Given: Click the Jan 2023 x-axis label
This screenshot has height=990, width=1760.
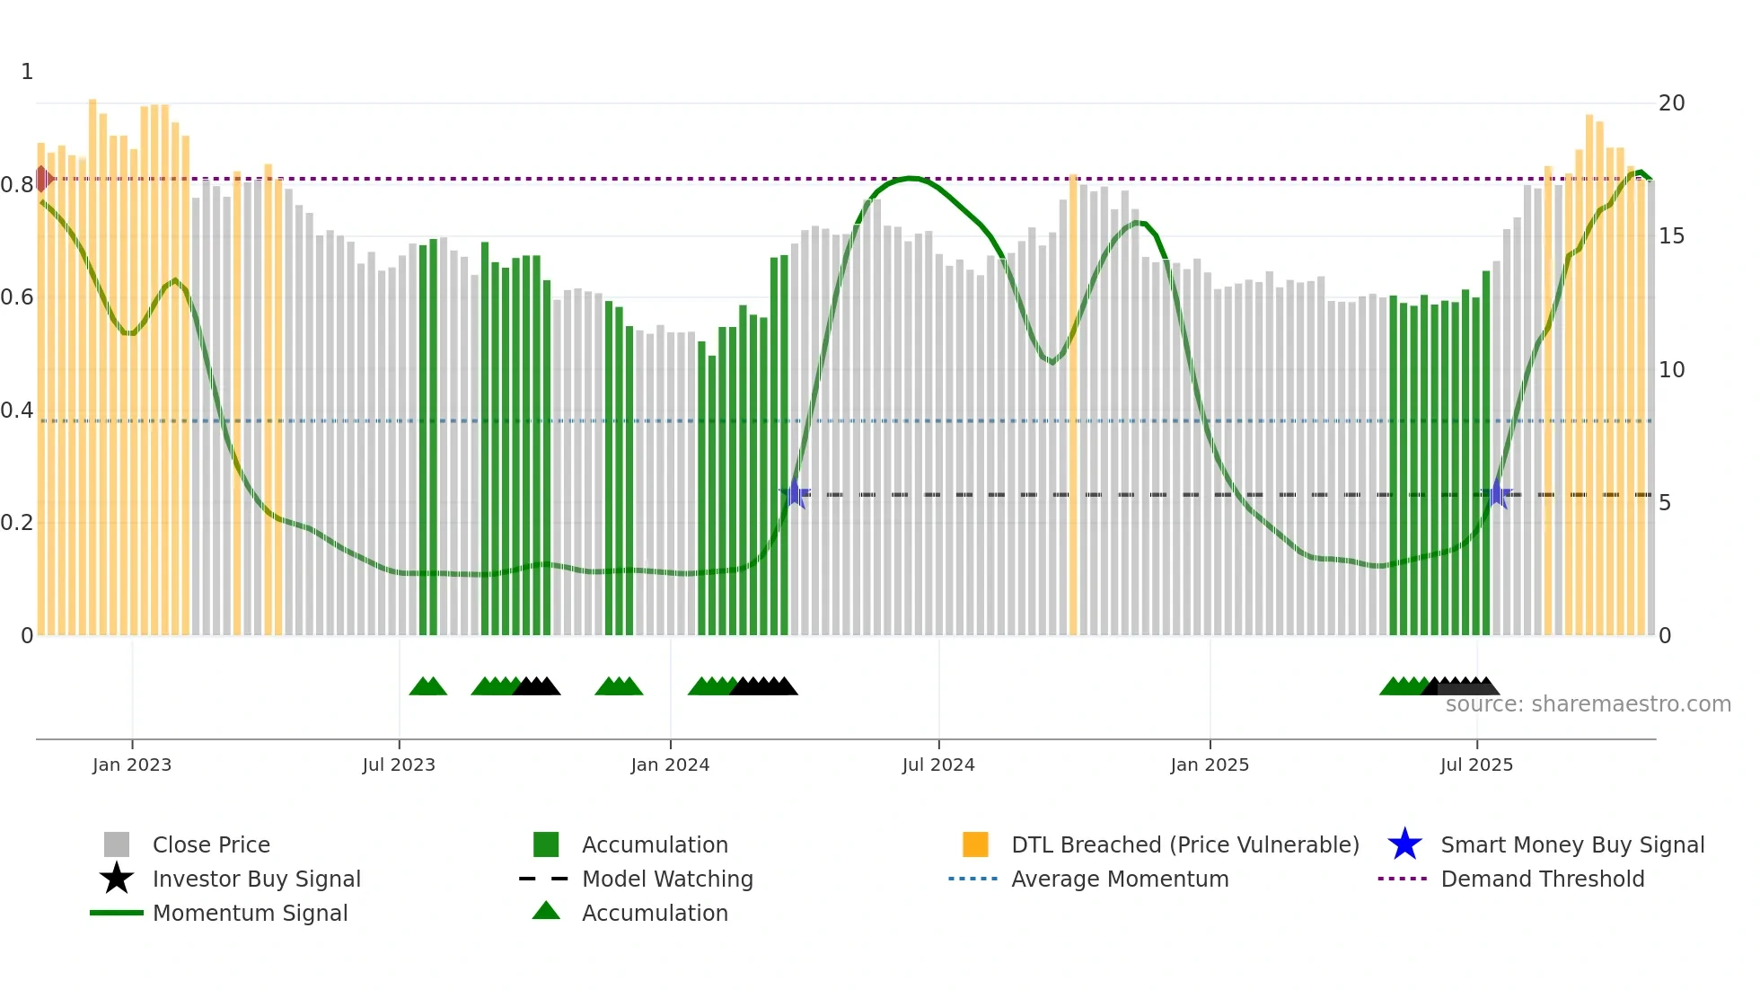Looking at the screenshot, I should tap(131, 765).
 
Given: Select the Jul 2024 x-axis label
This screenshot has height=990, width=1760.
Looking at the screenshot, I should tap(937, 765).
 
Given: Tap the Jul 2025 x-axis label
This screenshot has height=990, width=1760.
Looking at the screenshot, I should tap(1476, 765).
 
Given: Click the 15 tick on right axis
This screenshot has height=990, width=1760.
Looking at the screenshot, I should tap(1671, 236).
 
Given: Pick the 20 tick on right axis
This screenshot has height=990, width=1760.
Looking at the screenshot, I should tap(1671, 103).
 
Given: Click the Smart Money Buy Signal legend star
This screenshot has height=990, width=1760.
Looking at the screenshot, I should tap(1404, 844).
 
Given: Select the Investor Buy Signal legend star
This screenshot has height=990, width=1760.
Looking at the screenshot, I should tap(117, 879).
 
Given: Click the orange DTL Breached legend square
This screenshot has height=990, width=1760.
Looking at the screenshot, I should tap(975, 844).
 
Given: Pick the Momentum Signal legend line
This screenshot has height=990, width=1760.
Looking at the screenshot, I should tap(117, 913).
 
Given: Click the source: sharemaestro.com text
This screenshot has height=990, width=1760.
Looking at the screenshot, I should tap(1588, 704).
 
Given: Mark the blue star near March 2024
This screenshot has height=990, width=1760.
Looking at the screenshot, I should tap(795, 494).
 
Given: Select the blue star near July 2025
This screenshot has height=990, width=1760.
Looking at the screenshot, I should tap(1497, 494).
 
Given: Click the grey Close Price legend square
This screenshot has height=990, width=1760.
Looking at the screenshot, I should tap(117, 844).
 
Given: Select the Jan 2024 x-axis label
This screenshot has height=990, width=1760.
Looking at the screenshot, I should tap(670, 765).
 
